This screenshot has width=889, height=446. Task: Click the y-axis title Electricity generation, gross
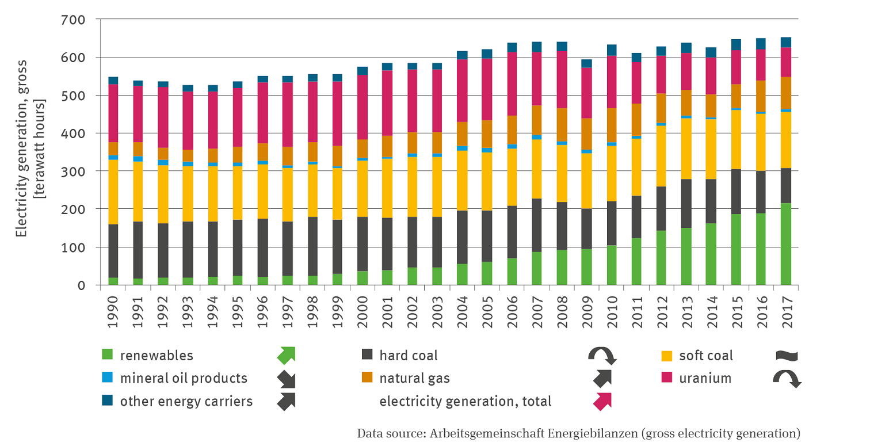[x=21, y=153]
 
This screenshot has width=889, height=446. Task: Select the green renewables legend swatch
[x=107, y=355]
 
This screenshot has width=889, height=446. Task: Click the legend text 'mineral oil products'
[x=184, y=378]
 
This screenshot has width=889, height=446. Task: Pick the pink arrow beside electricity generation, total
[x=602, y=401]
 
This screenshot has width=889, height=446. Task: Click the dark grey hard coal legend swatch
[x=367, y=355]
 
